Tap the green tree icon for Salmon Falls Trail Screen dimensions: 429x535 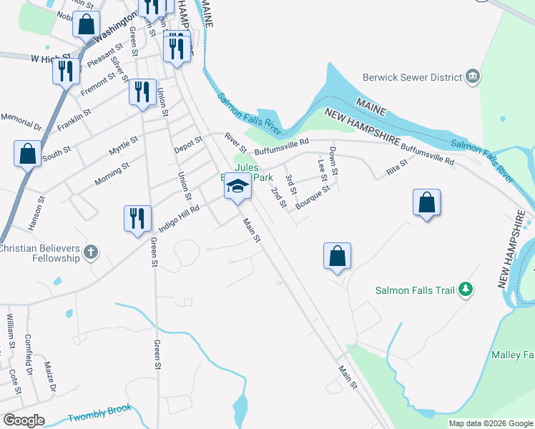(x=466, y=290)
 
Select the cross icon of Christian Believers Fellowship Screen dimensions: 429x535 (x=90, y=252)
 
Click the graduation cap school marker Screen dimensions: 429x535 (x=237, y=188)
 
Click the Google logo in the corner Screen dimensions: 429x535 (x=24, y=420)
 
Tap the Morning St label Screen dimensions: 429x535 (x=112, y=174)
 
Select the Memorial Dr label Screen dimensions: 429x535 (x=21, y=121)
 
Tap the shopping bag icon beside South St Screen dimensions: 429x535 (x=27, y=153)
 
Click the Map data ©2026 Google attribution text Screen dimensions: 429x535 (x=491, y=423)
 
